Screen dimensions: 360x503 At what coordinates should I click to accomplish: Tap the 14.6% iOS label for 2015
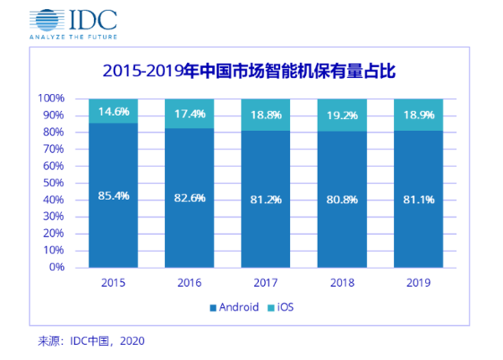tap(112, 111)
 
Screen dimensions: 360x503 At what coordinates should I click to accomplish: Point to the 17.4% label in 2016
tap(189, 112)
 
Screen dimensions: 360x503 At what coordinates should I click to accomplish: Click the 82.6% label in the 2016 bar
tap(189, 198)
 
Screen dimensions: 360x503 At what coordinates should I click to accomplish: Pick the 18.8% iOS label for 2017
tap(266, 114)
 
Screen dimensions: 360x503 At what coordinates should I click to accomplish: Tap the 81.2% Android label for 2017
tap(266, 199)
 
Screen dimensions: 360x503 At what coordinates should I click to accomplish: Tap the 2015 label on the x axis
tap(112, 283)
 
